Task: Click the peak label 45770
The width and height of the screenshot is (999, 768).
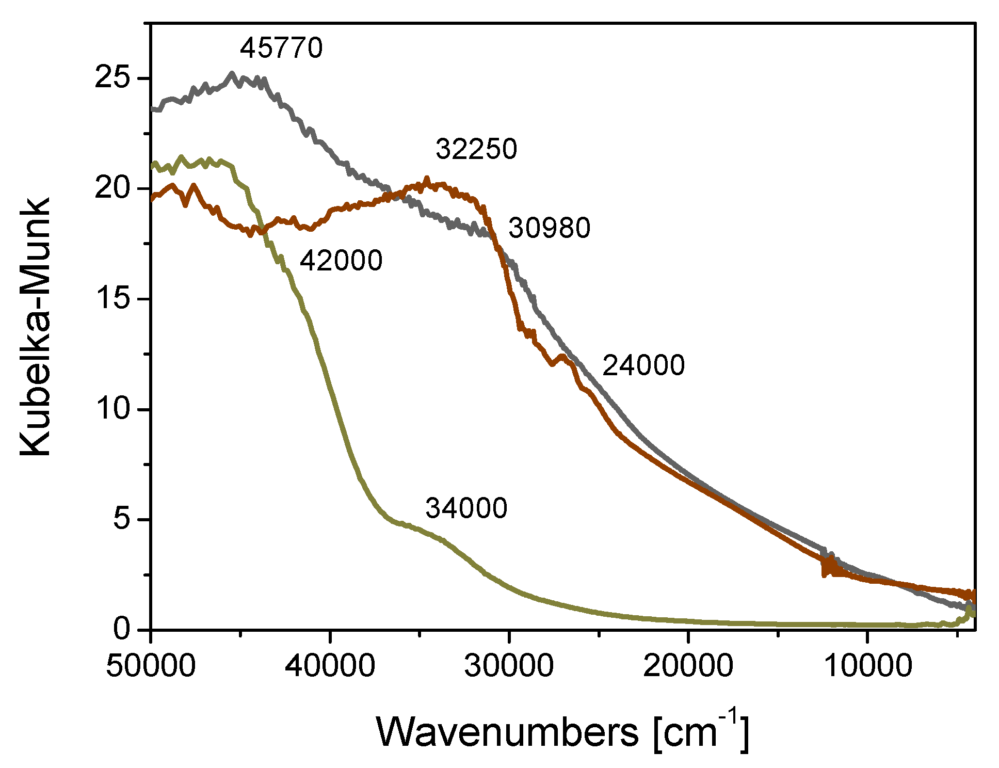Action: (x=281, y=48)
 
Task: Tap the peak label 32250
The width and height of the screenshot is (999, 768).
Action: (x=476, y=149)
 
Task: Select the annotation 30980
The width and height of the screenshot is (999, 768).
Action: (x=549, y=228)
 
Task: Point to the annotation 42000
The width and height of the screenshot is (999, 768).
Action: (x=341, y=260)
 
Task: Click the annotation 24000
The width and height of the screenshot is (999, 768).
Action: (x=643, y=365)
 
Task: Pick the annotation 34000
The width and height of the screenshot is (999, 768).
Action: (x=466, y=508)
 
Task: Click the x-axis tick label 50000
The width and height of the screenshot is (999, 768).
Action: (x=151, y=666)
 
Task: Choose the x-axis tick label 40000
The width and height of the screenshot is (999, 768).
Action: (x=330, y=666)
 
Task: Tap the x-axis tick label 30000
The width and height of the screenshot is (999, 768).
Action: (x=509, y=666)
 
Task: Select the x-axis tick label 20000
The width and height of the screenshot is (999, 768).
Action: (x=688, y=666)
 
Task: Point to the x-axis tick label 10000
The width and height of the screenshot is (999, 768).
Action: (x=867, y=666)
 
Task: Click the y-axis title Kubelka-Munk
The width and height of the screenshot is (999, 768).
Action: (x=35, y=327)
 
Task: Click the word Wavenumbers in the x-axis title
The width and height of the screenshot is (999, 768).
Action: (x=507, y=732)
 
